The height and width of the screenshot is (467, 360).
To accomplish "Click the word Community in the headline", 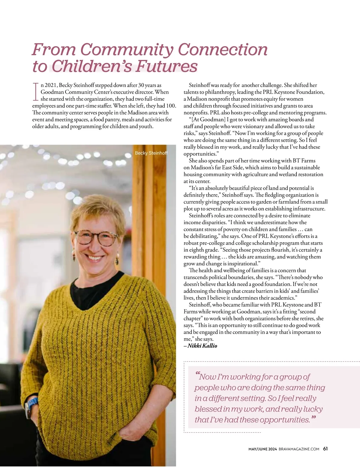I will (127, 50).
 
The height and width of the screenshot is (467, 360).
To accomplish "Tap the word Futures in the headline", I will (166, 67).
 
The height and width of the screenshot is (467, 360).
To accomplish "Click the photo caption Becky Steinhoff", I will (151, 153).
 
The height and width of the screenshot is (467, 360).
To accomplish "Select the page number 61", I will (325, 449).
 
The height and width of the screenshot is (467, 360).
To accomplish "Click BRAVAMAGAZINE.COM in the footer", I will (299, 449).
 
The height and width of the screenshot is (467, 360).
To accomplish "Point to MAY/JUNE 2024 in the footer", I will (262, 449).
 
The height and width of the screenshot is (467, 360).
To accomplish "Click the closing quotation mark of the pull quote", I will (313, 417).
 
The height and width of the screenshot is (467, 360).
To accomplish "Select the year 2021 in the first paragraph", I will (51, 85).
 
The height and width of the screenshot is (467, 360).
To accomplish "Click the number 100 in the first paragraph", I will (171, 106).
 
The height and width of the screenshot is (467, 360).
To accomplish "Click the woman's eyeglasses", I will (96, 237).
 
